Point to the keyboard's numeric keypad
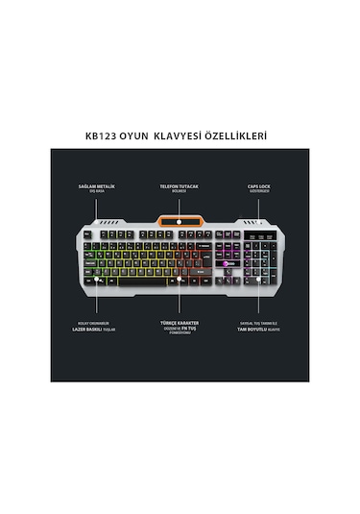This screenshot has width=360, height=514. click(x=261, y=259)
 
